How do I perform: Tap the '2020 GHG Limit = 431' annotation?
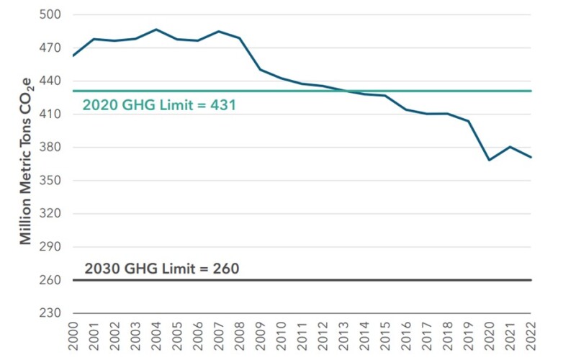tap(159, 105)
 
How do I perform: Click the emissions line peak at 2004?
tap(156, 30)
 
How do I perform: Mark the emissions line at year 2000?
tap(73, 55)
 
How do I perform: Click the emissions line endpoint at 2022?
tap(531, 157)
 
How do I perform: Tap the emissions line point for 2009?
tap(261, 70)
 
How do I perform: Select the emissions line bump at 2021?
tap(510, 147)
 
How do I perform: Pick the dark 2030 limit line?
tap(360, 279)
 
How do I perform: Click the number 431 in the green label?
tap(223, 105)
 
